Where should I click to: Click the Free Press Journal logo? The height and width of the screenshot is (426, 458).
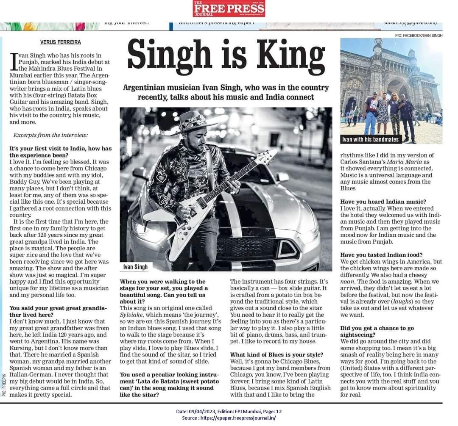point(229,8)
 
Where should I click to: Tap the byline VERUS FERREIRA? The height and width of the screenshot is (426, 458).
point(60,42)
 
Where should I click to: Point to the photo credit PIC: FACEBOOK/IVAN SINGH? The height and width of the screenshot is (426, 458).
point(418,36)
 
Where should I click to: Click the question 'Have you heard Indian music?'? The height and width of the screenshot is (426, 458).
point(383,202)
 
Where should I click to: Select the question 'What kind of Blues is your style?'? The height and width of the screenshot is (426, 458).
point(276,355)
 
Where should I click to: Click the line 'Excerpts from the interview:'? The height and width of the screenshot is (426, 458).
point(51,135)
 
